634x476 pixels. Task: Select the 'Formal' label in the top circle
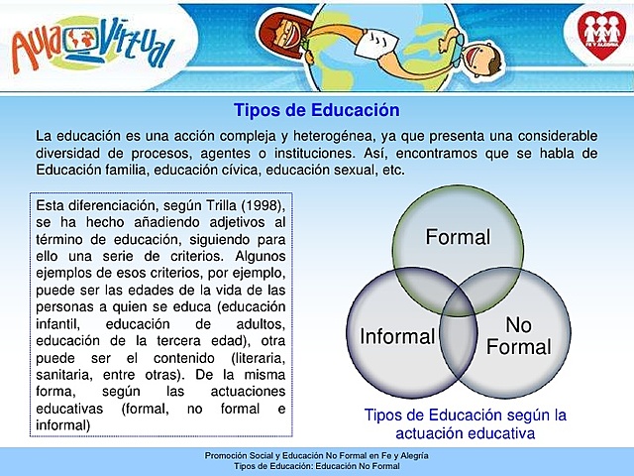pos(458,237)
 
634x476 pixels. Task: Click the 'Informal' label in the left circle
pos(396,336)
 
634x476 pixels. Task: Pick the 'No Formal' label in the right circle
pos(518,336)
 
